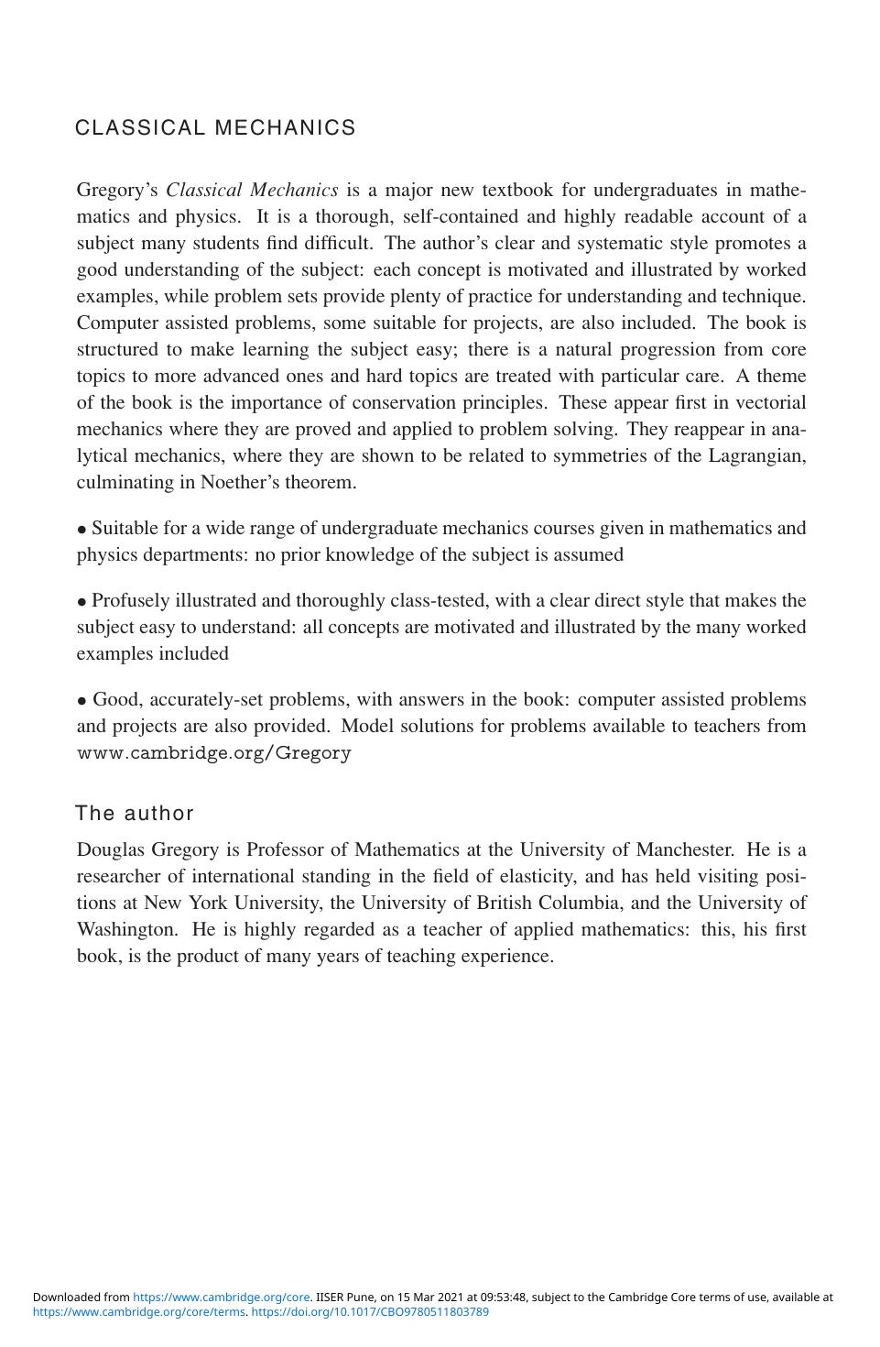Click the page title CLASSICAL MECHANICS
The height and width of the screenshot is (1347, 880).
pos(215,128)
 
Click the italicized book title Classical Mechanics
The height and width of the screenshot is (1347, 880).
pos(252,191)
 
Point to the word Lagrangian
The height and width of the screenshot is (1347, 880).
pos(757,456)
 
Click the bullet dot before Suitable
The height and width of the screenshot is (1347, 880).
pos(82,530)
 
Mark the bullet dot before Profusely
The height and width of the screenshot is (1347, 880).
pos(82,602)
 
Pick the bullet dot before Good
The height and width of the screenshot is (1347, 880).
pos(82,701)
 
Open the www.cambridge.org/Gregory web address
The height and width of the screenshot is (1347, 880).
pos(213,753)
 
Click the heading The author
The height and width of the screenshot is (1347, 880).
pos(135,814)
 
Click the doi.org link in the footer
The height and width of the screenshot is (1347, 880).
pos(370,1312)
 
